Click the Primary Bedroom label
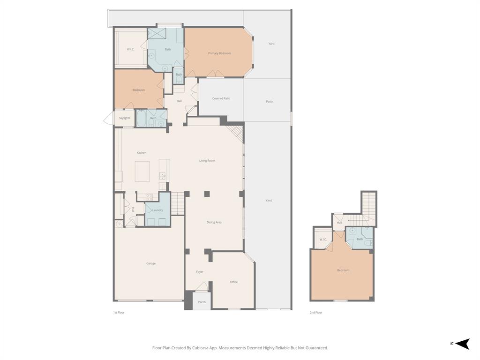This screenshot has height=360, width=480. coord(219,53)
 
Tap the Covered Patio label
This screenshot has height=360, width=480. coord(221,98)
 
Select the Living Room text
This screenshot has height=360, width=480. coord(207,161)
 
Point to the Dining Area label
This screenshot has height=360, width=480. coord(214,222)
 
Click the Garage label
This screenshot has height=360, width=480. coord(151,263)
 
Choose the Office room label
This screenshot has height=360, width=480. coord(233,282)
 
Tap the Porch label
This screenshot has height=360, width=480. coord(202,302)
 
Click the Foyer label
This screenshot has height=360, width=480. coord(200,272)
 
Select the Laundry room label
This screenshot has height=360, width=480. coord(157,210)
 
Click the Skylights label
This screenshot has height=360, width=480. coord(124,118)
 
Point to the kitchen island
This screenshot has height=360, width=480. coord(142,171)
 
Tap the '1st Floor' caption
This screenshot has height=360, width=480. coord(119,312)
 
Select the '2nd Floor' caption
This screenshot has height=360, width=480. coord(316,312)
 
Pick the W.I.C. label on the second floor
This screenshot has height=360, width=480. coord(323,240)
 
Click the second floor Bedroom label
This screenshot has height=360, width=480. coord(343,270)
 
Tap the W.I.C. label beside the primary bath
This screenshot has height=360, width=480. coord(131,49)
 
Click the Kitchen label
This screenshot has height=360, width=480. coord(142,153)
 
